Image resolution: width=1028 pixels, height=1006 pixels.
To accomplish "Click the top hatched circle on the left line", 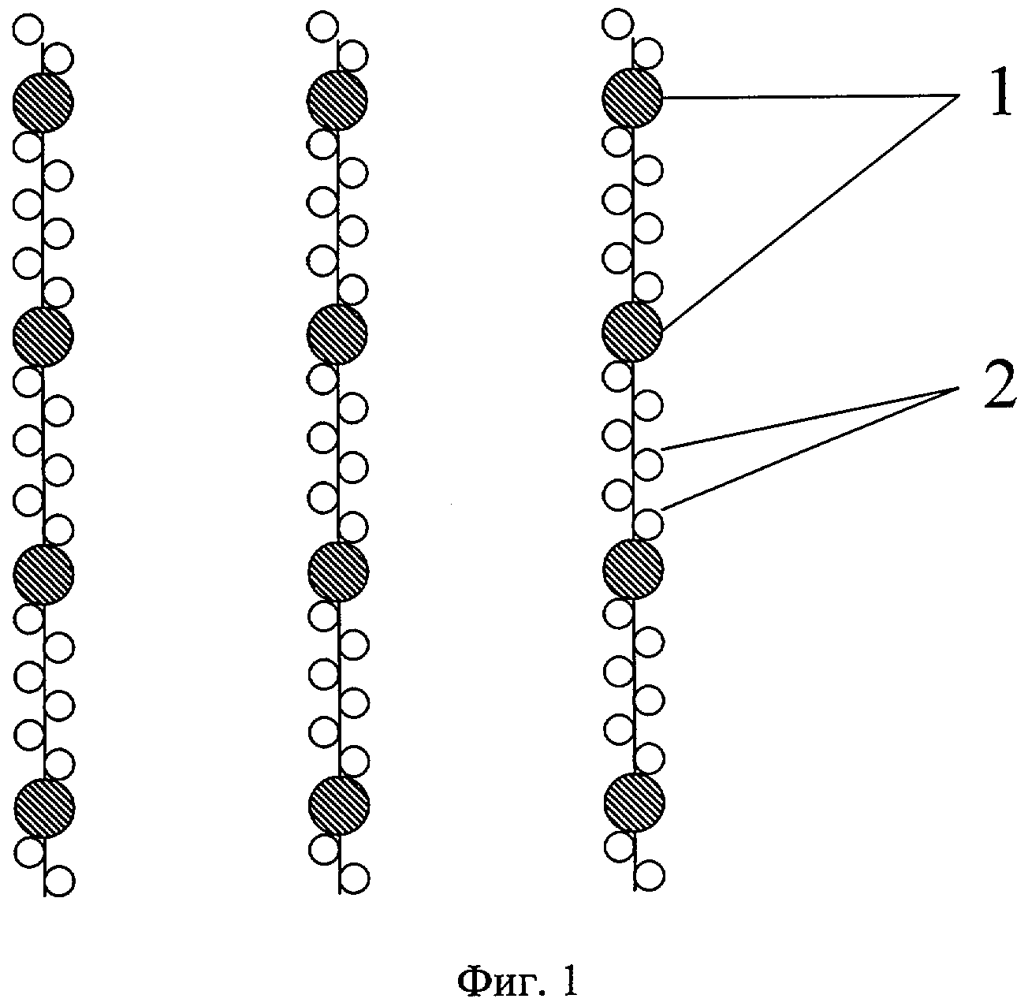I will (43, 102).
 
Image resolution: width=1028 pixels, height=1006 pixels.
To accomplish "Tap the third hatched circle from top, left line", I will (43, 572).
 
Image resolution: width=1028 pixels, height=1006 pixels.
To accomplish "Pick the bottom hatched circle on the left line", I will (44, 806).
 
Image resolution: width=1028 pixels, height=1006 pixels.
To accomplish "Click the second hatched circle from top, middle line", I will (337, 333).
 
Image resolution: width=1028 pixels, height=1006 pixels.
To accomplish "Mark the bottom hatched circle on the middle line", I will (339, 804).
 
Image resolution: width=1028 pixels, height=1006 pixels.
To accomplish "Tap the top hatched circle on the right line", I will (632, 97).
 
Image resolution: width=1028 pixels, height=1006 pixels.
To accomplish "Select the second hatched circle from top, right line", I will (632, 332).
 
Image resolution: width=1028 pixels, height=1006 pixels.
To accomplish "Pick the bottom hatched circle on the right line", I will (634, 803).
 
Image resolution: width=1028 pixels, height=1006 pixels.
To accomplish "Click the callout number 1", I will (998, 98).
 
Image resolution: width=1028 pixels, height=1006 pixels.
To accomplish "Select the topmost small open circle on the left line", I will (28, 32).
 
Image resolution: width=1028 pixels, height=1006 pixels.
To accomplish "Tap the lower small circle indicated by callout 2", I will (649, 523).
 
